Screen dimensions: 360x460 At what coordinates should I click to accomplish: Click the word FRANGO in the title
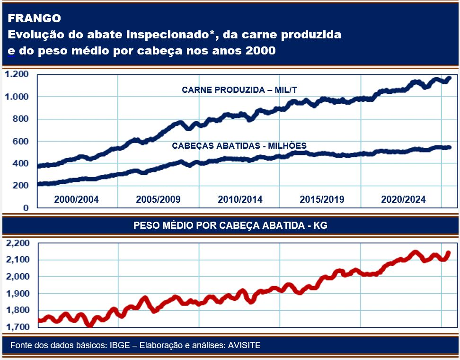[x=34, y=18]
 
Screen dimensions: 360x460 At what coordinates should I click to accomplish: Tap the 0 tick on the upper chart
[x=26, y=208]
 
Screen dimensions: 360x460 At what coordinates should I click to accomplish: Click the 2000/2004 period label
[x=76, y=199]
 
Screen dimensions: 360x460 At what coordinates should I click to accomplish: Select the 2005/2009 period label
[x=158, y=199]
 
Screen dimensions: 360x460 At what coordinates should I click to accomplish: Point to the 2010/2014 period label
[x=240, y=199]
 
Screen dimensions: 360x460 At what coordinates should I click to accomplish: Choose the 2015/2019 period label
[x=322, y=199]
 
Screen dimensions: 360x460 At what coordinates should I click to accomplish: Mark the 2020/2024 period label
[x=403, y=199]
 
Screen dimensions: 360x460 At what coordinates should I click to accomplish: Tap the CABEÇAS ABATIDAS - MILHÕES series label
[x=239, y=145]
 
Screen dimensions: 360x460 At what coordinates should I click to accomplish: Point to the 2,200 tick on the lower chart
[x=18, y=243]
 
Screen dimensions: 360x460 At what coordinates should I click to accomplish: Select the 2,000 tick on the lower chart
[x=18, y=277]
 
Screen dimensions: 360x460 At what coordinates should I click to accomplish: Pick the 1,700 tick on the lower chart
[x=18, y=327]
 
